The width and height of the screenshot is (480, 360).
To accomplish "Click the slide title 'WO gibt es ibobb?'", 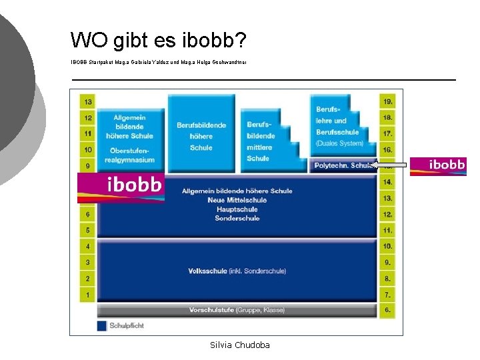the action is (x=158, y=41).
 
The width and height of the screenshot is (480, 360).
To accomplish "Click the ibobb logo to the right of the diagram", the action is (x=437, y=165).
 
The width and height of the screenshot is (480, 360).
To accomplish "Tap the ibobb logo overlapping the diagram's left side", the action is (x=121, y=187).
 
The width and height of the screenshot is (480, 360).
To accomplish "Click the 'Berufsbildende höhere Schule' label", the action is (x=201, y=136).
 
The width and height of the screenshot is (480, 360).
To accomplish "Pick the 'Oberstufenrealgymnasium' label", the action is (x=129, y=155).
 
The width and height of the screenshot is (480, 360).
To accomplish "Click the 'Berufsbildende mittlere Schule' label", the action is (x=260, y=141).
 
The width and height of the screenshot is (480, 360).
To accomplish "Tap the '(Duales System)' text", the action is (x=339, y=143).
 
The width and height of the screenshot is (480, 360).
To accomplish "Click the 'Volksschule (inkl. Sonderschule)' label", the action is (x=237, y=271).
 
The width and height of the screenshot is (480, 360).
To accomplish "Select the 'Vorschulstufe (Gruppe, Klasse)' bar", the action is (x=237, y=310).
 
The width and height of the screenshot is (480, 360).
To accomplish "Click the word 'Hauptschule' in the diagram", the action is (x=237, y=209).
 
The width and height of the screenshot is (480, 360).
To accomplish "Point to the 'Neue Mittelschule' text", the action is (x=237, y=200).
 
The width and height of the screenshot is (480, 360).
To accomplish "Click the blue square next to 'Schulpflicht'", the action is (x=101, y=326).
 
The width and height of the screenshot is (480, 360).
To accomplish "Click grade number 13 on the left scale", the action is (x=88, y=101).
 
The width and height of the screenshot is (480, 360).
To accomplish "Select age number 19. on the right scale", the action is (x=388, y=101).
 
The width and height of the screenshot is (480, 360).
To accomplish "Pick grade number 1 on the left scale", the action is (x=88, y=294).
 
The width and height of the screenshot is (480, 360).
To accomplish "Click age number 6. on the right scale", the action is (x=388, y=309).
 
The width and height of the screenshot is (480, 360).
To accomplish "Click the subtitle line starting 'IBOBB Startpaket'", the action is (x=159, y=62).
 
